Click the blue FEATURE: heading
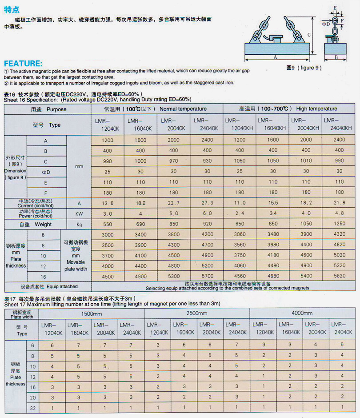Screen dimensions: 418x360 click(x=23, y=64)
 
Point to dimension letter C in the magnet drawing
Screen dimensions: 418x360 click(x=309, y=34)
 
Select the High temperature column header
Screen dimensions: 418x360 click(x=288, y=109)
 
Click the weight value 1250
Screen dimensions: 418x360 click(x=340, y=224)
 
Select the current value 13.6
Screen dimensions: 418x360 click(x=108, y=203)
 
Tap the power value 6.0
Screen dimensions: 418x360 click(x=207, y=213)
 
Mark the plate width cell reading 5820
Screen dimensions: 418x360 click(x=340, y=276)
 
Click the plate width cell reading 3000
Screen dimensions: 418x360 click(x=108, y=235)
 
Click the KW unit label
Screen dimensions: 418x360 click(x=79, y=214)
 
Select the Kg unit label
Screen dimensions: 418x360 click(x=79, y=225)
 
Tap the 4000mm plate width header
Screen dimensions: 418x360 click(x=302, y=313)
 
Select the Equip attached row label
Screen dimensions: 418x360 click(x=48, y=286)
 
